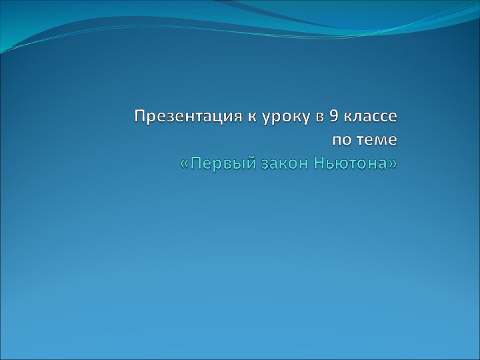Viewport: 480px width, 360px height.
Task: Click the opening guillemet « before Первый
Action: click(x=185, y=165)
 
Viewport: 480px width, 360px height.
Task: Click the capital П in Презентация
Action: click(x=139, y=117)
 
